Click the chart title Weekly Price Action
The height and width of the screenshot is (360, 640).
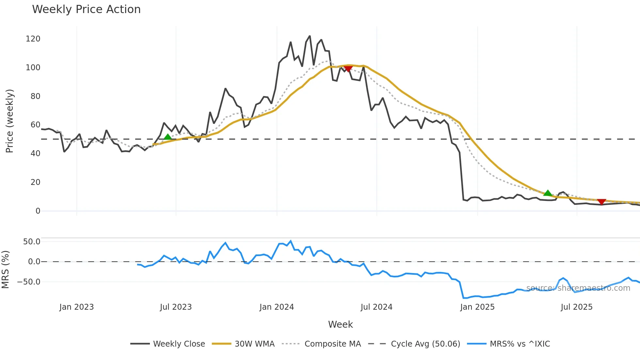click(86, 9)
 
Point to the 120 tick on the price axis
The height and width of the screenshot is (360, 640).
click(33, 39)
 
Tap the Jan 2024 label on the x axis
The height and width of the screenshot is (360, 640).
click(277, 307)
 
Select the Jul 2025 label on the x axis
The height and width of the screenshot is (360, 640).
click(576, 307)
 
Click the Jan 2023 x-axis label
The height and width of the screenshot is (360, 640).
click(76, 307)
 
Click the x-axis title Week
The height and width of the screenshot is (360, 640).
click(340, 324)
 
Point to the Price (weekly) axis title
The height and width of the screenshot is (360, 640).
click(9, 121)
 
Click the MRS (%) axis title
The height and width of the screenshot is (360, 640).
click(5, 270)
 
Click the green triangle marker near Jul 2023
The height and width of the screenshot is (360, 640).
click(168, 137)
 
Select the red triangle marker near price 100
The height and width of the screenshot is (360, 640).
click(348, 69)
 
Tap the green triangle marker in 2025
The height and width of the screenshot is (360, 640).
click(548, 193)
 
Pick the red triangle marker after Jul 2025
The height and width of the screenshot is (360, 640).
click(601, 202)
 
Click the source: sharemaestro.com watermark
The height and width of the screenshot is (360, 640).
click(578, 288)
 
